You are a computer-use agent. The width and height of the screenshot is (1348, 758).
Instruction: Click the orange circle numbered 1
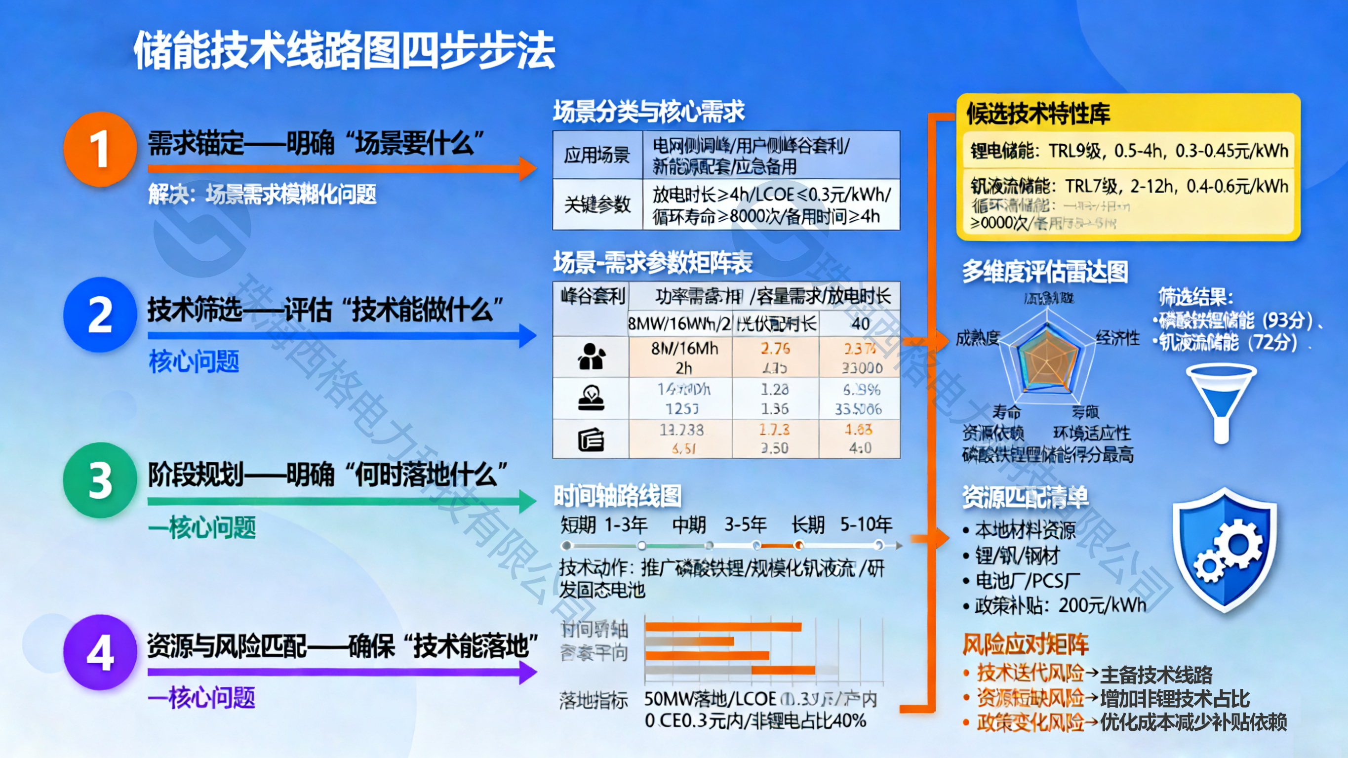tap(99, 149)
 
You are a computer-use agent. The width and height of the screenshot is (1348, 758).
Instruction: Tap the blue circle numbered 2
tap(99, 315)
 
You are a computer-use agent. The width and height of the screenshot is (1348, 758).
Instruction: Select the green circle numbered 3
tap(99, 480)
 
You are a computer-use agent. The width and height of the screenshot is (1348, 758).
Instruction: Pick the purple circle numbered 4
tap(99, 652)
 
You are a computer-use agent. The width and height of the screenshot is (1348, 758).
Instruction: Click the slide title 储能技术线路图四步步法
tap(344, 51)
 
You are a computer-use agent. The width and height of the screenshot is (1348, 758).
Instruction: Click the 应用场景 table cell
tap(597, 155)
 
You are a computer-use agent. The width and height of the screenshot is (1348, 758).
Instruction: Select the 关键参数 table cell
tap(597, 204)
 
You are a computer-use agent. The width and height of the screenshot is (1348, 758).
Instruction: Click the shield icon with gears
tap(1224, 550)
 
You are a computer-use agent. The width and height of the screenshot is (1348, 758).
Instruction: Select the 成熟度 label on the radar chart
tap(978, 339)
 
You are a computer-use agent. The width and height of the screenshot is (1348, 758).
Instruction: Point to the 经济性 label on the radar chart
tap(1117, 338)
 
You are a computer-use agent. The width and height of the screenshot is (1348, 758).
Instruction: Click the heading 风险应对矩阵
tap(1025, 644)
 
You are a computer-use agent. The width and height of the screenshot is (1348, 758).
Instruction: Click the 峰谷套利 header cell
tap(593, 297)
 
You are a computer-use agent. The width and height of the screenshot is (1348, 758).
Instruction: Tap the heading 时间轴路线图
tap(618, 496)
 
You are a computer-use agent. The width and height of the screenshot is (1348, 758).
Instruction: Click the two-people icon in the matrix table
tap(592, 357)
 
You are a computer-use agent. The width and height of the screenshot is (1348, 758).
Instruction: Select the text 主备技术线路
tap(1156, 675)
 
